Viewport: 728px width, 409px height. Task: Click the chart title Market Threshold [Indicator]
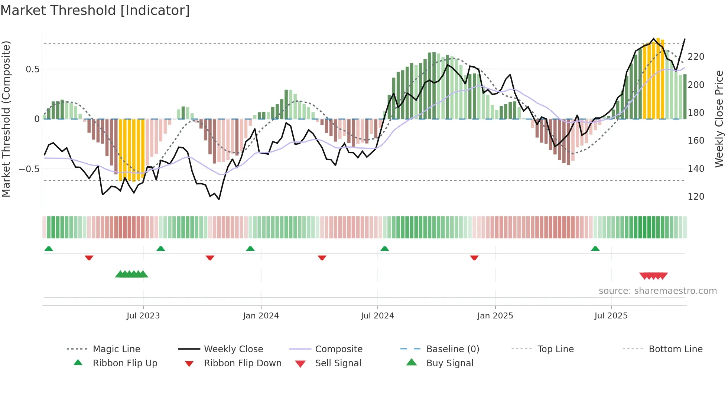(95, 10)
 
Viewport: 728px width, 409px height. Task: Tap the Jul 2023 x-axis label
(143, 316)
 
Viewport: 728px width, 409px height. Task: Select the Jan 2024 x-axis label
(261, 316)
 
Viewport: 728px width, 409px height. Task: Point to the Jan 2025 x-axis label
(495, 316)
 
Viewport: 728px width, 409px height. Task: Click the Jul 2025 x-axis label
(611, 316)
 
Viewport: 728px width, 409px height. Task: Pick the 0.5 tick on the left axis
(32, 69)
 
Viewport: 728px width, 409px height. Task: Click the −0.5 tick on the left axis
(29, 169)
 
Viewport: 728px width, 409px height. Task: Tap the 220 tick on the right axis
(696, 57)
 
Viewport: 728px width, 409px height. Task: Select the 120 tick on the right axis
(696, 197)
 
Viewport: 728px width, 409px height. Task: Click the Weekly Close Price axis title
(719, 119)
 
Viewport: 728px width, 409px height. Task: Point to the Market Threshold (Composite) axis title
(6, 119)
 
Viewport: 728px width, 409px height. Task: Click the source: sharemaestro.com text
(657, 291)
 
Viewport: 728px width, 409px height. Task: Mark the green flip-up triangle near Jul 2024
(385, 249)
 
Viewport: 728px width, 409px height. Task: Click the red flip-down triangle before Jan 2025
(474, 258)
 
